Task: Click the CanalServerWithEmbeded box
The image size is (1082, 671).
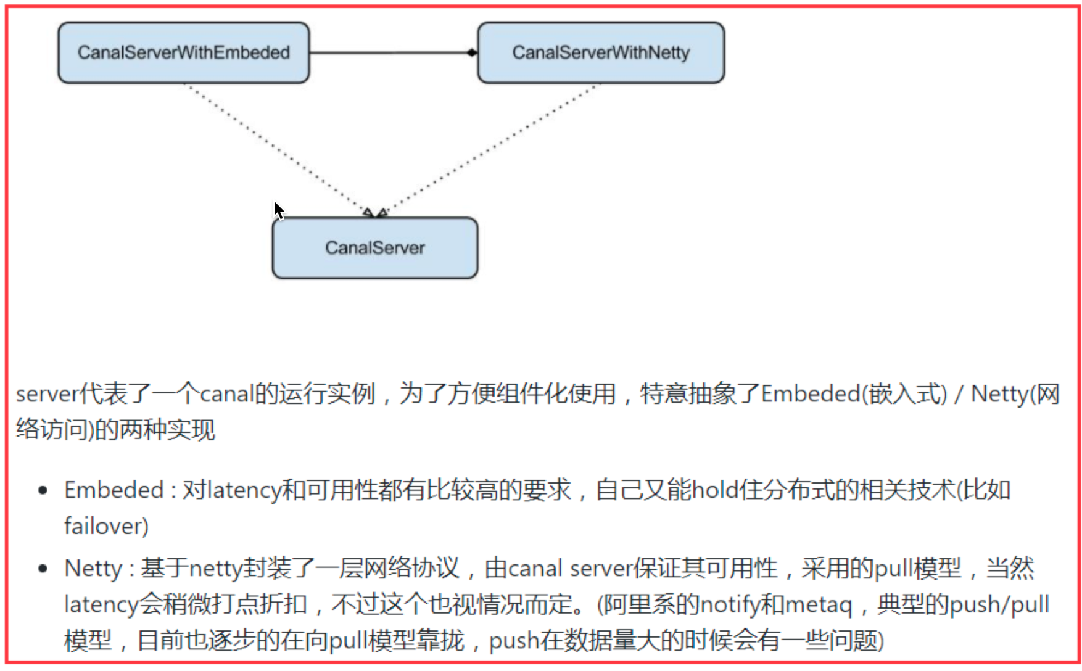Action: [x=183, y=53]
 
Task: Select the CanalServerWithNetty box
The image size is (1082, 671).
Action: [x=600, y=53]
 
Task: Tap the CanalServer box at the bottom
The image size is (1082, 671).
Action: [x=374, y=248]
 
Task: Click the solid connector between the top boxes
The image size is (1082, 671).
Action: [x=389, y=53]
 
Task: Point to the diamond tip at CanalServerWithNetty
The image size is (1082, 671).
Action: [x=472, y=53]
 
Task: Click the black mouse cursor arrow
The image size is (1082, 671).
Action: [x=278, y=210]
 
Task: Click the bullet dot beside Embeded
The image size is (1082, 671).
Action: [x=43, y=491]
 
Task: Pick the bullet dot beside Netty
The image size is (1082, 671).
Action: [x=43, y=569]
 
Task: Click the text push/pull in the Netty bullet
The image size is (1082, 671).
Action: [x=999, y=605]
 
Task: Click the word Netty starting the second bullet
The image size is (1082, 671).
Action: [x=93, y=569]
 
